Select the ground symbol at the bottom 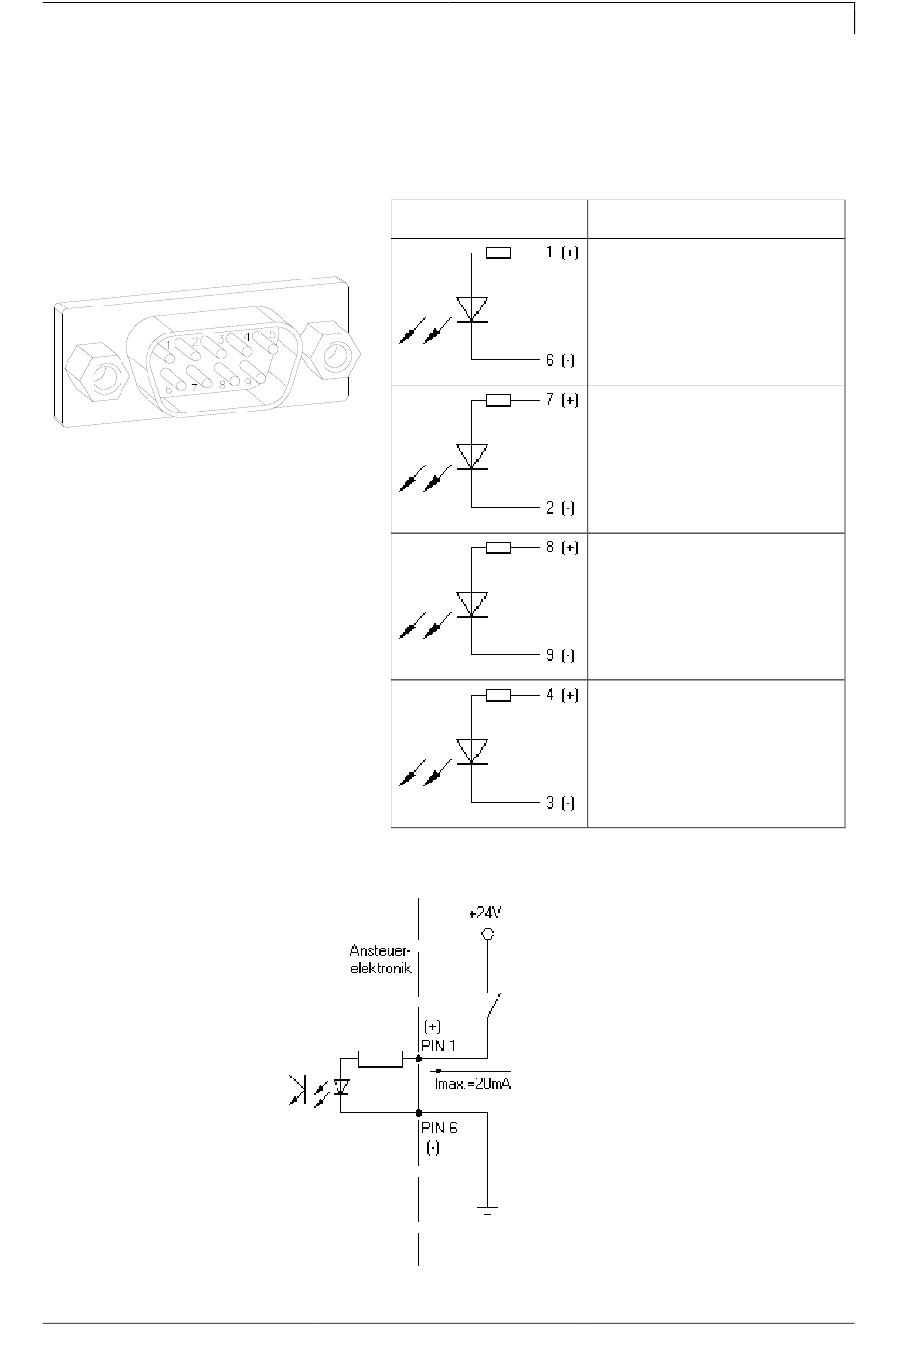(488, 1210)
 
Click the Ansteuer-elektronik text (381, 960)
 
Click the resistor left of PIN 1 (380, 1059)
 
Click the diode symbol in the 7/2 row (471, 457)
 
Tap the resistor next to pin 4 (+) (498, 695)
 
